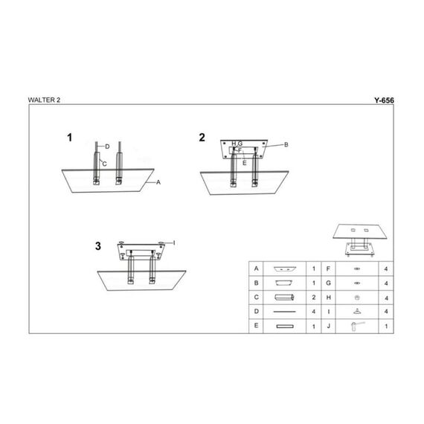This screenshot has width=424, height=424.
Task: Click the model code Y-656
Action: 384,100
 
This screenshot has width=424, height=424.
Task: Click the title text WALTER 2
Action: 44,100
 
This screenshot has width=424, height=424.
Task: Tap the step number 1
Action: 69,138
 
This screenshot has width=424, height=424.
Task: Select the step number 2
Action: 202,138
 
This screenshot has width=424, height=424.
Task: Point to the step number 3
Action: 98,246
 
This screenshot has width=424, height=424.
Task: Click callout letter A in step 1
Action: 158,182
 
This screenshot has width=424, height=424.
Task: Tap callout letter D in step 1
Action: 107,147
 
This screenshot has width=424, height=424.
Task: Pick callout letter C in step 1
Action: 105,164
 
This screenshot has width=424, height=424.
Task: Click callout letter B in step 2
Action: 286,144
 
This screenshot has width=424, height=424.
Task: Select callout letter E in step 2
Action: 245,163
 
